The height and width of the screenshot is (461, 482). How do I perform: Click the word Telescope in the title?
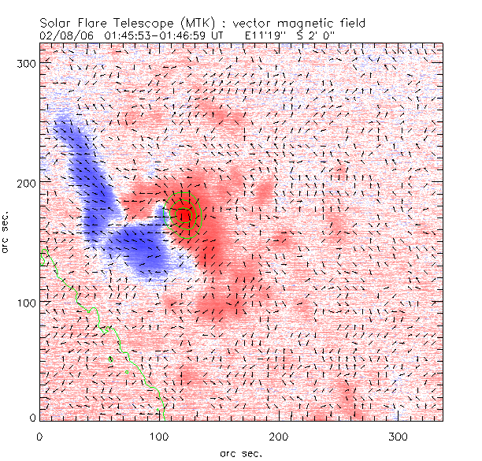click(x=139, y=23)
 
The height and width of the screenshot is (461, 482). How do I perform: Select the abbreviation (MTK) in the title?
click(x=188, y=23)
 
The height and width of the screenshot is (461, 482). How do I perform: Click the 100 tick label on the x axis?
click(x=159, y=436)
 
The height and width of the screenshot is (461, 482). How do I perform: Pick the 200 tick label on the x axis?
click(x=279, y=436)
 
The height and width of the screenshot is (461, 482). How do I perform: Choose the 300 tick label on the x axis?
click(x=399, y=436)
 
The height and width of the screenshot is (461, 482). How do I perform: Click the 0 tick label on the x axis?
click(x=40, y=436)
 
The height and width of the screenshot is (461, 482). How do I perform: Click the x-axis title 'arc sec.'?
click(x=241, y=453)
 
